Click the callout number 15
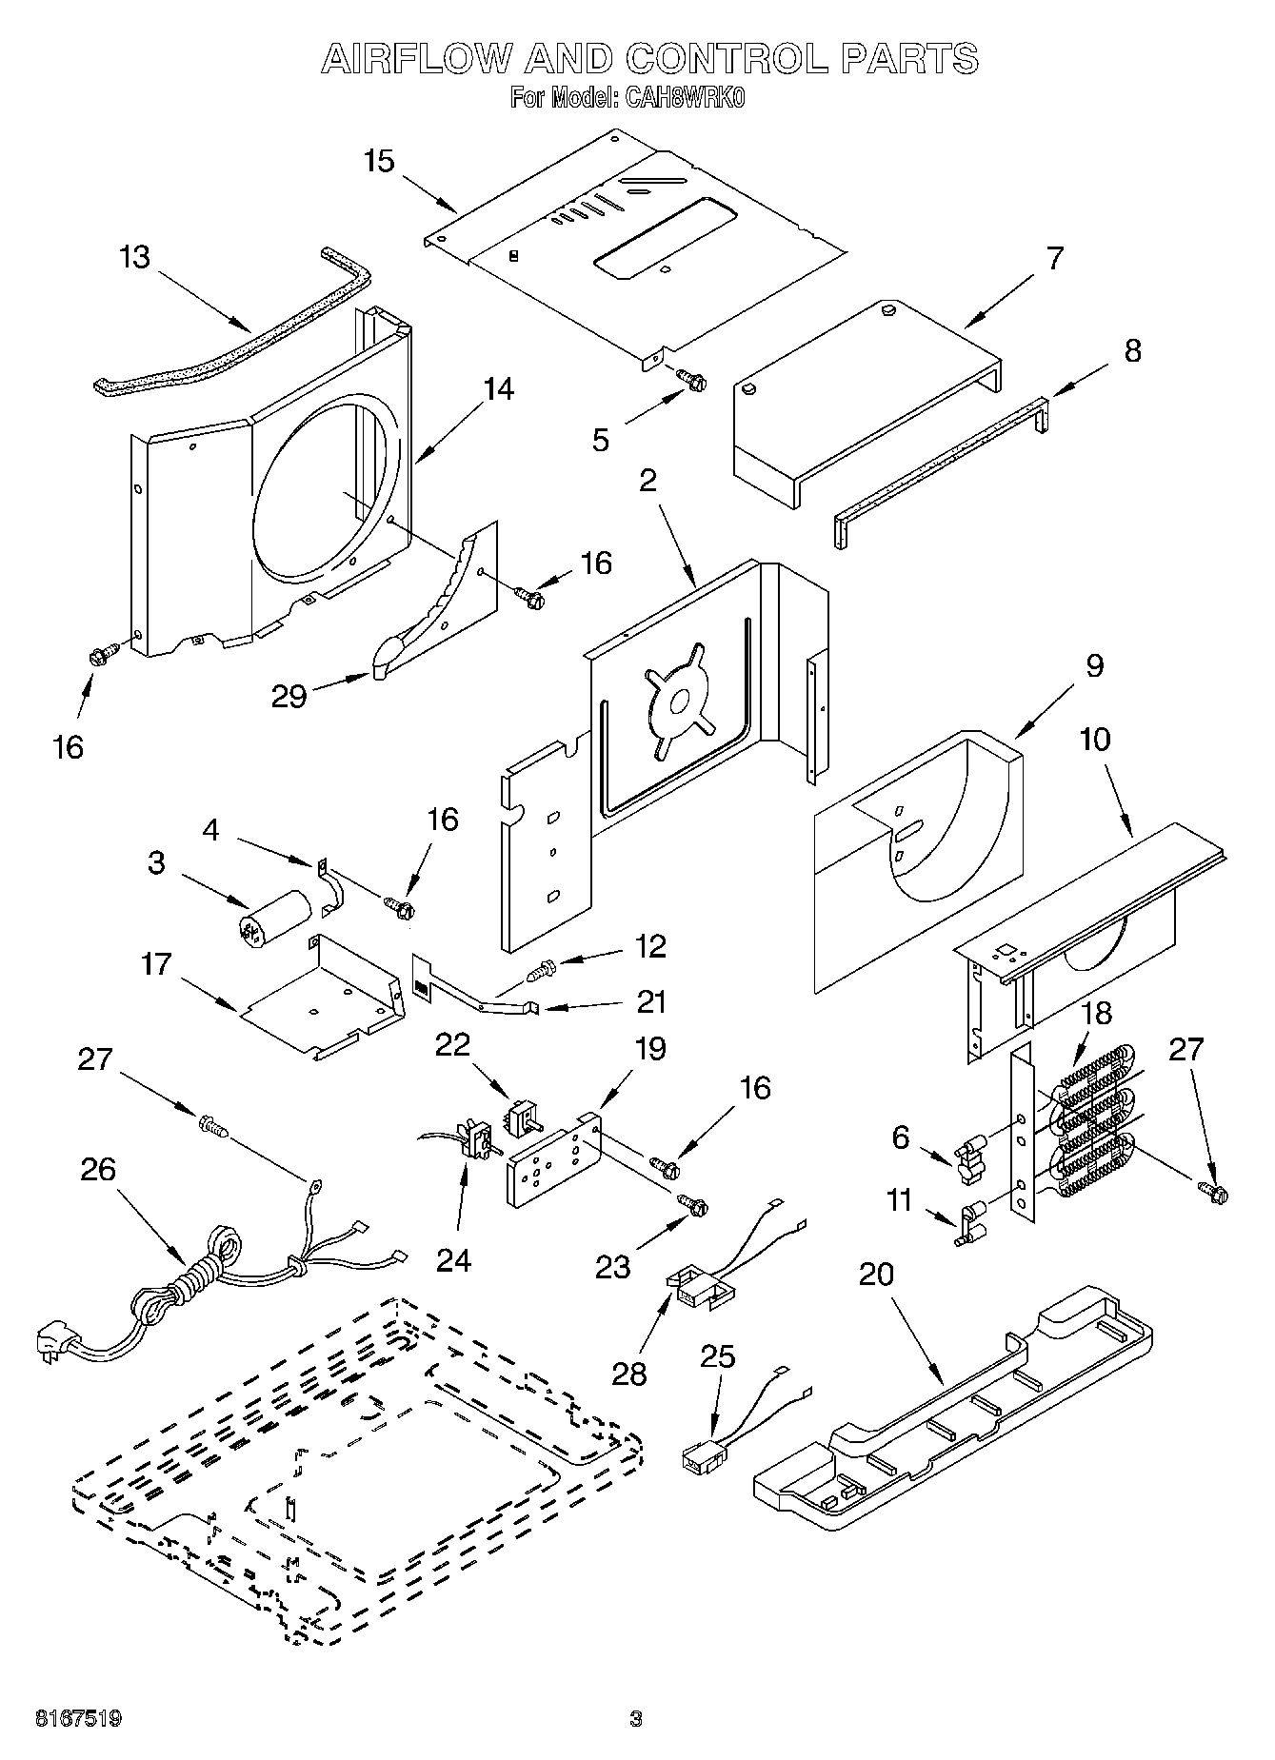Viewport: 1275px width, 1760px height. click(x=379, y=162)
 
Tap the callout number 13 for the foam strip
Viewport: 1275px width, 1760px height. click(x=135, y=258)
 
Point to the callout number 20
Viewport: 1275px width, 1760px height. click(x=877, y=1274)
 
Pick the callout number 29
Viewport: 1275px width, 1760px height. click(x=289, y=696)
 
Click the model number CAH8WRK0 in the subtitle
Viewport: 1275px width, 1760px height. click(x=684, y=98)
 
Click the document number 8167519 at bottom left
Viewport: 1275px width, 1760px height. click(x=79, y=1718)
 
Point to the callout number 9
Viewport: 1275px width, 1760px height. click(x=1094, y=664)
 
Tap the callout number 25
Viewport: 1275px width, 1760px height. click(x=718, y=1356)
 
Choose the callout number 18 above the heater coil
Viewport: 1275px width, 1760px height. click(x=1096, y=1013)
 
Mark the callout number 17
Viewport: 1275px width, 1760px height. click(x=156, y=964)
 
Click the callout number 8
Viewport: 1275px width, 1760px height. click(x=1131, y=351)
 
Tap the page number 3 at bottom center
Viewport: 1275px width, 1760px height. click(x=636, y=1718)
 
